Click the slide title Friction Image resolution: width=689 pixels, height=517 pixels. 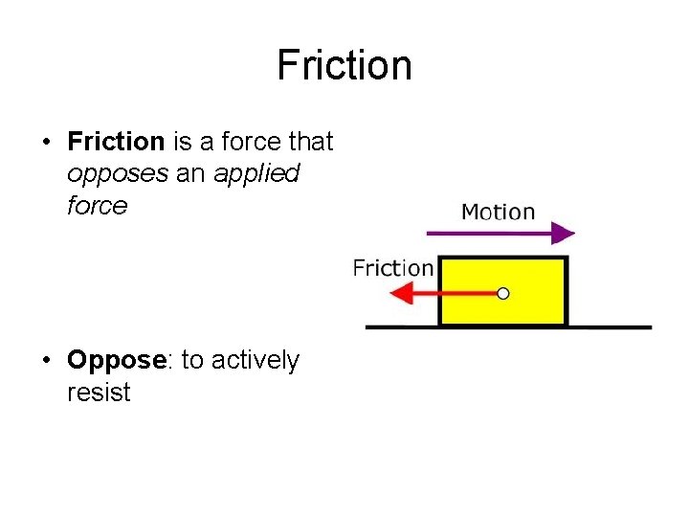point(344,66)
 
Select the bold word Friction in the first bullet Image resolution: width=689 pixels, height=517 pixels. point(116,143)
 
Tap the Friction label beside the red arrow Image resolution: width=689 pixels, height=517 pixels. point(392,268)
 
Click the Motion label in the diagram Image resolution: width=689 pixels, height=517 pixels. point(498,212)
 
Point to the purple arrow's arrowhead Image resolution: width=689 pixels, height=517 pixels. point(564,233)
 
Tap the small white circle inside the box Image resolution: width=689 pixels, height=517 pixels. point(503,293)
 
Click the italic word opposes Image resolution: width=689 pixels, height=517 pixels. point(107,174)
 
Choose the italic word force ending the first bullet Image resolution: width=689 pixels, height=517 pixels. point(97,206)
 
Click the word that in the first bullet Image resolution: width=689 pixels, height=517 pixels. point(310,143)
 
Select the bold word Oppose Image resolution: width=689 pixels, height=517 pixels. point(116,361)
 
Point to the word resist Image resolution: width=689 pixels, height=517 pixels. point(99,393)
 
